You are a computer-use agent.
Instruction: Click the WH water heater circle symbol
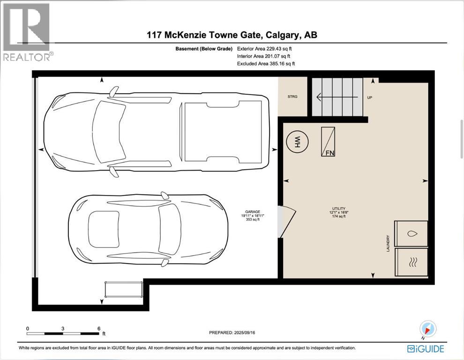296,142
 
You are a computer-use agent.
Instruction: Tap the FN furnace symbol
328,142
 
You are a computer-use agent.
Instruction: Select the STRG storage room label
292,97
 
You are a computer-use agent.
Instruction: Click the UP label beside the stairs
370,97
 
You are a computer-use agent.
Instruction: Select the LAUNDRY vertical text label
388,243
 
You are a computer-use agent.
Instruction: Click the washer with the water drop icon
412,233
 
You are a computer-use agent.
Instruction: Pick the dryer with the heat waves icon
412,262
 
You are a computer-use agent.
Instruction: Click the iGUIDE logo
425,348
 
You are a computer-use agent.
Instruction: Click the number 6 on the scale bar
98,328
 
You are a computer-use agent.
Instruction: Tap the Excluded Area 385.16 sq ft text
266,63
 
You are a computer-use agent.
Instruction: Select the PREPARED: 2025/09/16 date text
233,333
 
